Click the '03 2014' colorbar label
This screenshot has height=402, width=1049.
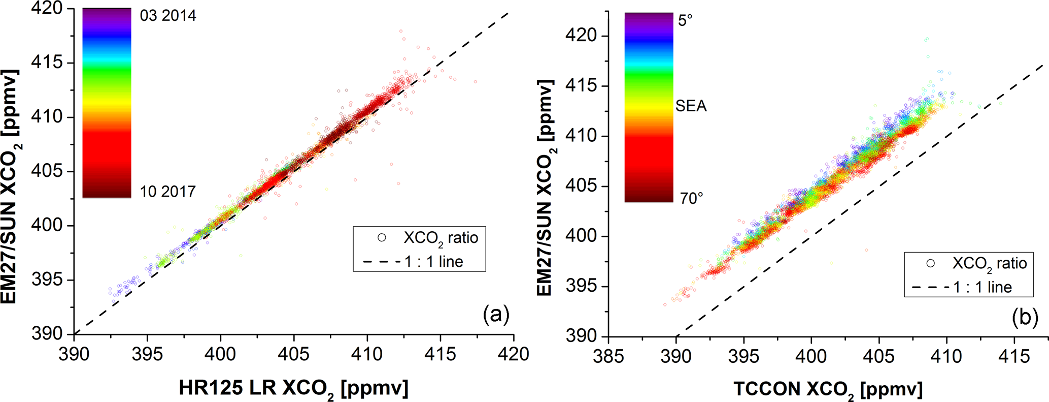click(x=168, y=16)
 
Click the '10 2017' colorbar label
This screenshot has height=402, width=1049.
click(x=168, y=192)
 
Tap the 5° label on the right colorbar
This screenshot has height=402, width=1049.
click(x=685, y=21)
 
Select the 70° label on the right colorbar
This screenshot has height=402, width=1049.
click(x=691, y=198)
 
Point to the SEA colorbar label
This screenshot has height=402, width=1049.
click(x=691, y=106)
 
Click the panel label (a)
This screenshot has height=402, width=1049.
click(x=496, y=315)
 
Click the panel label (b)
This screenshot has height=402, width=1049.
click(x=1025, y=318)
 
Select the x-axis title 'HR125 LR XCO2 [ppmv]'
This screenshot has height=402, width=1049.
click(x=293, y=388)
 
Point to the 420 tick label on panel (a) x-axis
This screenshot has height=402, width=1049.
click(x=513, y=354)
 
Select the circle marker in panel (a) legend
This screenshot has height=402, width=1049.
click(x=382, y=237)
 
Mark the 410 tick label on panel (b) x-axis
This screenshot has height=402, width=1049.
click(x=946, y=356)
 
